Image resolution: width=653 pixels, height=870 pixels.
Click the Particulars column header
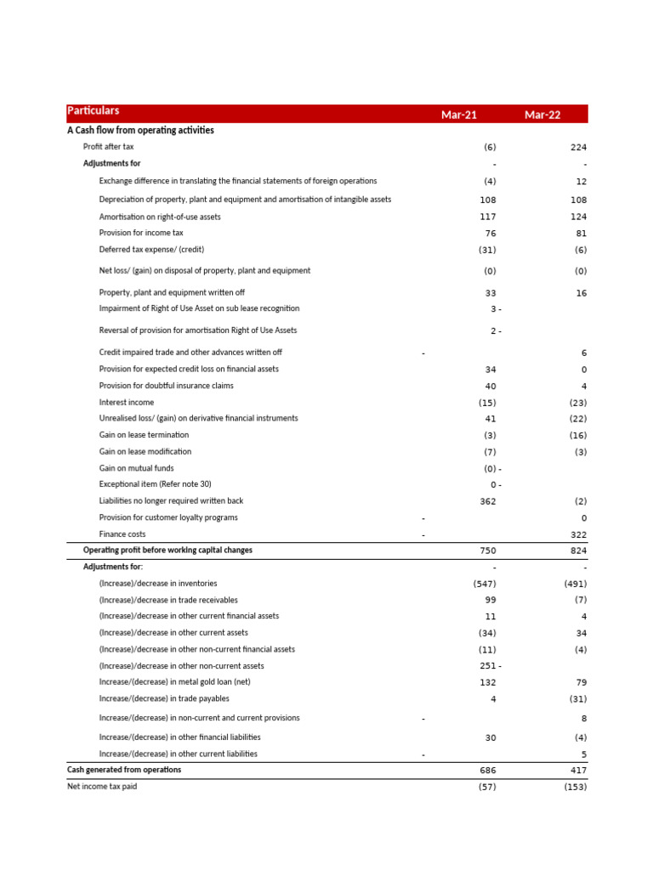coord(94,111)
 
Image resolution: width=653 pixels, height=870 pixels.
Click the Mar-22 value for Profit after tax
coord(578,147)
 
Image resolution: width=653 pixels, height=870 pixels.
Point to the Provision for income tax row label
coord(141,233)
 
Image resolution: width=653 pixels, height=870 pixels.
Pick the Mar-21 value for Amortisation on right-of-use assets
coord(488,217)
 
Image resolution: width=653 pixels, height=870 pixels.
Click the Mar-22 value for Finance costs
coord(578,534)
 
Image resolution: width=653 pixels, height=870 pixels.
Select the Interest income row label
coord(127,402)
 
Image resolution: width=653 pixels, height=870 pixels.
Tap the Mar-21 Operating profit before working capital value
coord(488,551)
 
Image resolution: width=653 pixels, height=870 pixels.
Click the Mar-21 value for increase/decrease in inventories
coord(485,584)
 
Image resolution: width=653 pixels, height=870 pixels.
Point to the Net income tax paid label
coord(102,787)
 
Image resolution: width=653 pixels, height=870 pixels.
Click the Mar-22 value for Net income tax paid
coord(576,787)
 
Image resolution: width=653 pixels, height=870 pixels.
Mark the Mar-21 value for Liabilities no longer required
coord(488,501)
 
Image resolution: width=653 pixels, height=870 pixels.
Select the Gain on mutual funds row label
coord(136,468)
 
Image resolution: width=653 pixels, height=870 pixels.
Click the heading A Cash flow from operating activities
coord(140,131)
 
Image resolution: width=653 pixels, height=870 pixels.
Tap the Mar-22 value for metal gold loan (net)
coord(582,682)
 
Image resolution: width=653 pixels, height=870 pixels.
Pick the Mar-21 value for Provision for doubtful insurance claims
coord(491,386)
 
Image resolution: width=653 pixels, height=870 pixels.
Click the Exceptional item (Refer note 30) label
coord(155,484)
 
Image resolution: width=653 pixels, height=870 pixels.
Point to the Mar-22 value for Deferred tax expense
coord(581,250)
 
